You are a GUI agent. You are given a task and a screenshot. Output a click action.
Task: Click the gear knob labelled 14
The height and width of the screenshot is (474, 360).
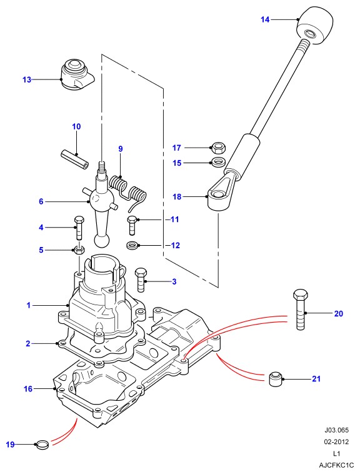tap(315, 26)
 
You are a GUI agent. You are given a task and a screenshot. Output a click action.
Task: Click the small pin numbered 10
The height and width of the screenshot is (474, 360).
tap(74, 159)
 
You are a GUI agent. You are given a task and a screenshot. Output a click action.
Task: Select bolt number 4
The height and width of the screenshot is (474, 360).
tap(78, 228)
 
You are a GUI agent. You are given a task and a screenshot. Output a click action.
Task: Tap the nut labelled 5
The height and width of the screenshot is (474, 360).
tap(79, 250)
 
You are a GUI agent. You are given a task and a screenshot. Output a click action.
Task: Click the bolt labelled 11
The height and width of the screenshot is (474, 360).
tap(132, 225)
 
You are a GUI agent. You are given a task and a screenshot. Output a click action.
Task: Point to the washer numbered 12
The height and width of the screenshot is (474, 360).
tap(132, 245)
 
